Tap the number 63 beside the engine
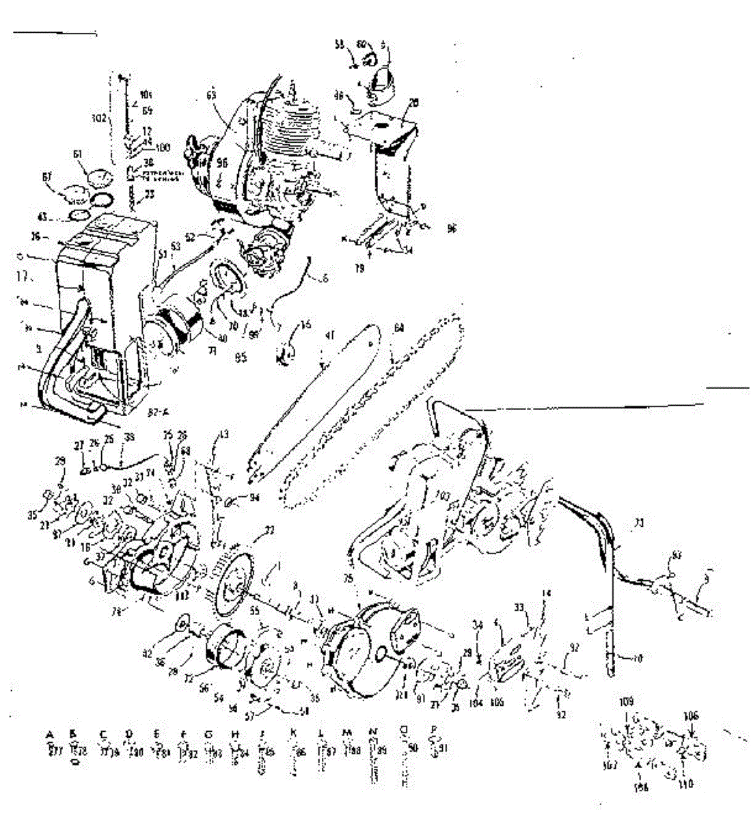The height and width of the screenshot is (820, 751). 211,96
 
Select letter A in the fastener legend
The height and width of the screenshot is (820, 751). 50,734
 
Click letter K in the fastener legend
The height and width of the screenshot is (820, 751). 293,733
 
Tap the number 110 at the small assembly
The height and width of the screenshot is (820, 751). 686,784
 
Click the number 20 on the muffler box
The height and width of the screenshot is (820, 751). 413,102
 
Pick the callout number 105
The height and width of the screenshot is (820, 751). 497,702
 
